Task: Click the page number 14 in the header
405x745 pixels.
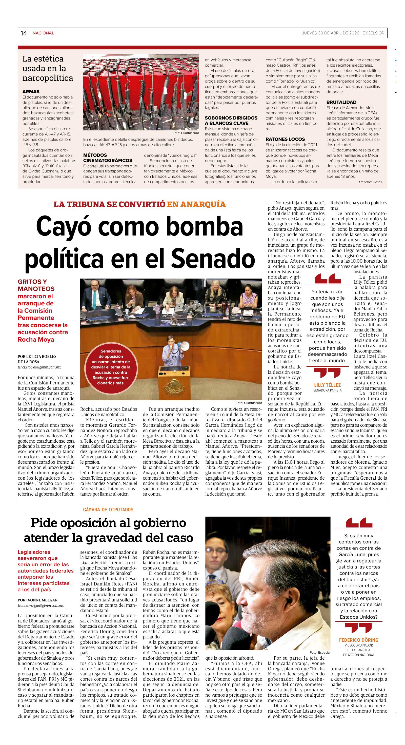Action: [24, 33]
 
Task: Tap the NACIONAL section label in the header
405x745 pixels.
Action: [43, 33]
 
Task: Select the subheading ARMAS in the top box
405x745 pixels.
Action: [31, 92]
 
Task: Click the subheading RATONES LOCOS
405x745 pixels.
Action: [285, 139]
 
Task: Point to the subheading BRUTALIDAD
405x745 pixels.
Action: [341, 102]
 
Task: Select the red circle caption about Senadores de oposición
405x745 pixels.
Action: [111, 367]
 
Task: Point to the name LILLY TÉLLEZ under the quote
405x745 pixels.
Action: [327, 385]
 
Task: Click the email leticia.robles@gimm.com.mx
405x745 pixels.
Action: [39, 367]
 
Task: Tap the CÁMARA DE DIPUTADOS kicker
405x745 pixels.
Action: [108, 509]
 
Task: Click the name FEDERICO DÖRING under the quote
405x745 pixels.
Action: [358, 640]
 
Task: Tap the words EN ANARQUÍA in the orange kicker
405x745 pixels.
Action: [196, 204]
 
